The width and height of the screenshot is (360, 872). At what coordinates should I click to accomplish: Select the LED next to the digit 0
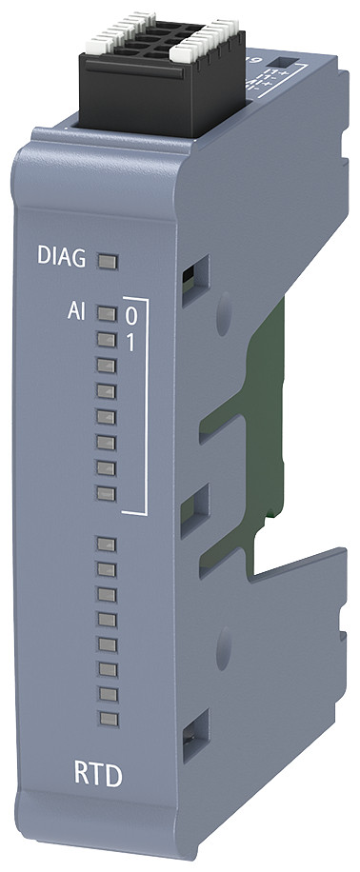point(107,313)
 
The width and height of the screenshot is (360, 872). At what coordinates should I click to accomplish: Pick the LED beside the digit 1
point(107,338)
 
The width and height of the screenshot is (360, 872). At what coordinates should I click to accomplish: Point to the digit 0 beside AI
point(131,314)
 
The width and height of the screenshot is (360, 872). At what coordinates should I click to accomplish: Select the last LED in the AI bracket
point(107,493)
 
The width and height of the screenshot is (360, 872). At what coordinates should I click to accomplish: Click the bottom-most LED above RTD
point(107,716)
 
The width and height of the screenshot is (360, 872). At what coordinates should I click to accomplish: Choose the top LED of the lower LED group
point(107,544)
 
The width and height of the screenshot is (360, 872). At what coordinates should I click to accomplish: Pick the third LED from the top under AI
point(107,364)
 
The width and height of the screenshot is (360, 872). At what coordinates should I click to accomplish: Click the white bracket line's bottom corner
point(144,513)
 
